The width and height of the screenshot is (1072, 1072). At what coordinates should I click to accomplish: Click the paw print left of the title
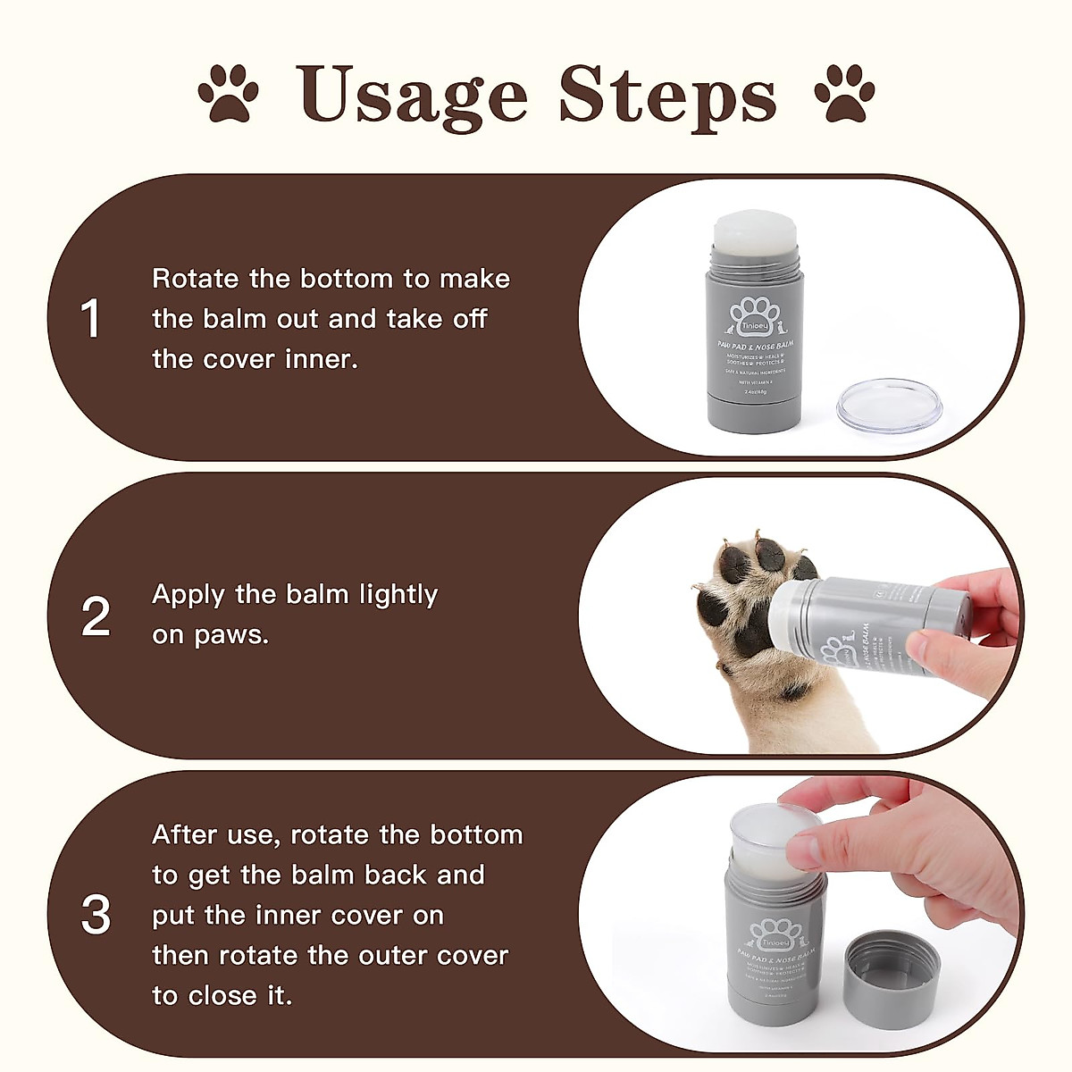(x=228, y=93)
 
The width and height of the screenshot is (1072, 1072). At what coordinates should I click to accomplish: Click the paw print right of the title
(x=844, y=93)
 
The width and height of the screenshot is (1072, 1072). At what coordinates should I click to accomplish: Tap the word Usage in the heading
(x=412, y=93)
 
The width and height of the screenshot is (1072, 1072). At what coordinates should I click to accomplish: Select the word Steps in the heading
(x=667, y=95)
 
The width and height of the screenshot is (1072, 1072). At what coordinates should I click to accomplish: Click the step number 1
(x=91, y=319)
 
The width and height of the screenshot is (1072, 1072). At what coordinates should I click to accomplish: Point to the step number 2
(x=96, y=616)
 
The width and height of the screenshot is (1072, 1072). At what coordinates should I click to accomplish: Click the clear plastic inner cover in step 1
(x=889, y=405)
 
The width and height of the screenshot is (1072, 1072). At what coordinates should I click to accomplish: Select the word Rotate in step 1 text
(x=196, y=279)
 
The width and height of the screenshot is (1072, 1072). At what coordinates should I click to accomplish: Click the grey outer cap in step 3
(x=891, y=969)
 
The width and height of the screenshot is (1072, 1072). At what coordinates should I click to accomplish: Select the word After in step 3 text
(x=184, y=834)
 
